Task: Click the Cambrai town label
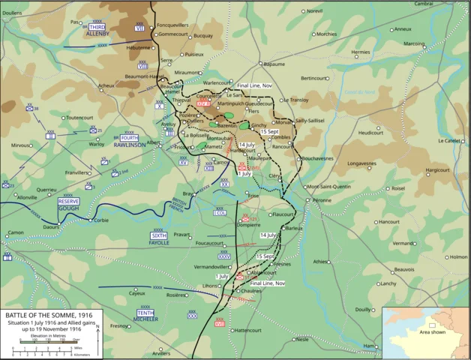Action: click(424, 4)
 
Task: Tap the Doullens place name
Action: click(12, 13)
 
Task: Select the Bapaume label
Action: click(274, 64)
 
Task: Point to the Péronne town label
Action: click(322, 201)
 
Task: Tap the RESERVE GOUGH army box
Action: click(69, 204)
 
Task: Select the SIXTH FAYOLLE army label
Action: click(158, 239)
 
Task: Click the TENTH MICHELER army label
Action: click(147, 315)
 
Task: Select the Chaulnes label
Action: click(251, 291)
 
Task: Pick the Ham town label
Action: click(368, 346)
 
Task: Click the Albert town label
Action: click(154, 142)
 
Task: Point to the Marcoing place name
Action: click(435, 43)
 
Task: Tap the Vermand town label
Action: click(403, 243)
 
